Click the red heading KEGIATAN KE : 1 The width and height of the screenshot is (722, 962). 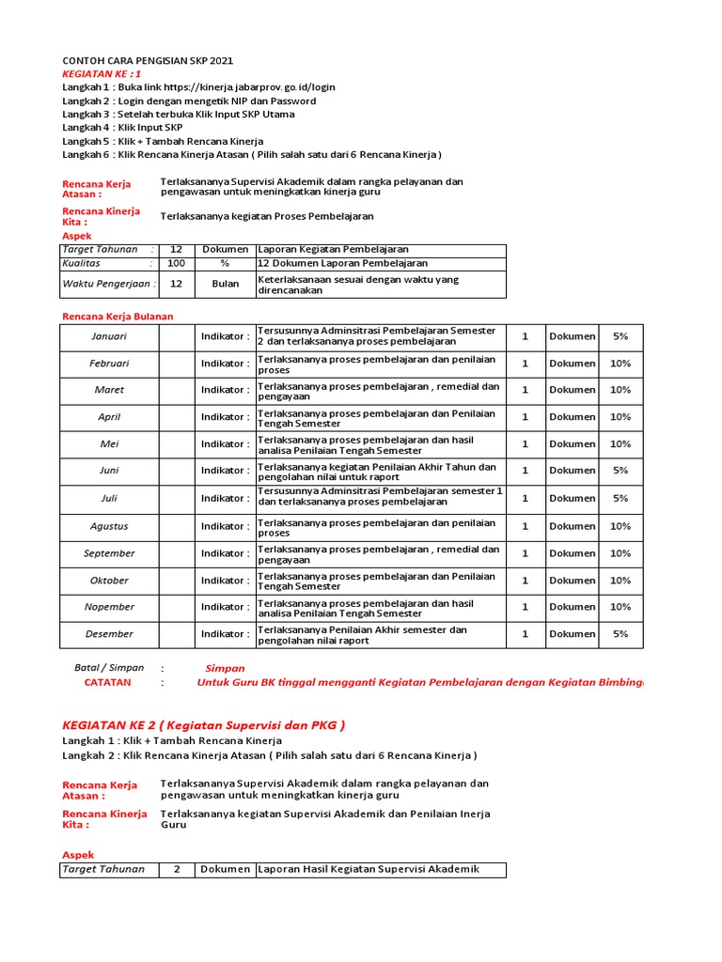tap(102, 73)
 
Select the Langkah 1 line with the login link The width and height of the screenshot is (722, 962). tap(198, 86)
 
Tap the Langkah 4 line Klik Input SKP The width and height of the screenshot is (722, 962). tap(122, 127)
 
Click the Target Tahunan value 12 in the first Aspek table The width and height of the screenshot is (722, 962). tap(176, 250)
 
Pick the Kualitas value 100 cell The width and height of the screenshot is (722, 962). tap(176, 264)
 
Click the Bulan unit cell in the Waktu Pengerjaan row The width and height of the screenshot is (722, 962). tap(225, 284)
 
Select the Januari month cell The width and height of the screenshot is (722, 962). tap(109, 336)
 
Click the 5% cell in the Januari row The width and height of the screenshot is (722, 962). tap(620, 336)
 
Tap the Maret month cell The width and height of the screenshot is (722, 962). tap(109, 390)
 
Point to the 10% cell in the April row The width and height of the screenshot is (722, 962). tap(620, 417)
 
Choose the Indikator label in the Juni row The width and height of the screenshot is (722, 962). tap(225, 471)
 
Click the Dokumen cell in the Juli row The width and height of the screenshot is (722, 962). tap(572, 499)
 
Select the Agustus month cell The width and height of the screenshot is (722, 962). tap(109, 527)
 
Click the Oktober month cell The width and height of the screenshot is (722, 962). tap(109, 581)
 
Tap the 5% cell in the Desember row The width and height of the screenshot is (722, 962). tap(620, 634)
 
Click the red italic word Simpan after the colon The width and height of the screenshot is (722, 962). tap(225, 668)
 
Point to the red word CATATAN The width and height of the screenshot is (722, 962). tap(107, 683)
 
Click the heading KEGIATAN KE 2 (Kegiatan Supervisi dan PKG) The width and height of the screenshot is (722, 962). tap(203, 724)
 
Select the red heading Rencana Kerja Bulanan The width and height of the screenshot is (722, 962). tap(118, 317)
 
